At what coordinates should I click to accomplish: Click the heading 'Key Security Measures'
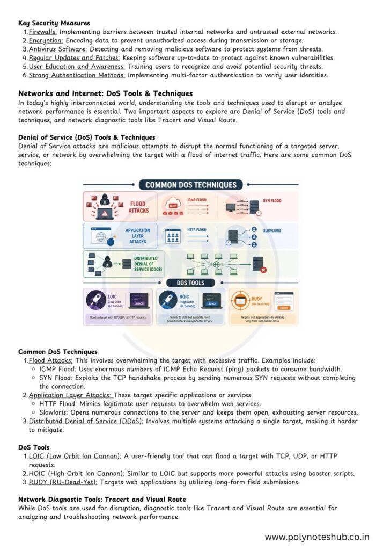[x=54, y=23]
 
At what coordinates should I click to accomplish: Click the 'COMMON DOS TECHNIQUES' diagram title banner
[x=190, y=185]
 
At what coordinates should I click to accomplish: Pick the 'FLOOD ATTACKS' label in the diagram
[x=138, y=207]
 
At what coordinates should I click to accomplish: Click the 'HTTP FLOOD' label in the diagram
[x=196, y=230]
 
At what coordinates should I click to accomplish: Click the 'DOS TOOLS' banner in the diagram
[x=190, y=283]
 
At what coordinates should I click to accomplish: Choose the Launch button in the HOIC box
[x=211, y=303]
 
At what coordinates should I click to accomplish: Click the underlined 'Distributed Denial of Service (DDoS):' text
[x=86, y=421]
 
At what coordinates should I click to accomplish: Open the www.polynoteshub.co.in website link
[x=317, y=536]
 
